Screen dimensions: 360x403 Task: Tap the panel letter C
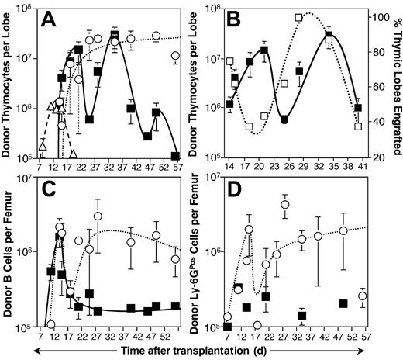click(54, 192)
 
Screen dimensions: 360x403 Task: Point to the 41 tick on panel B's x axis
click(358, 166)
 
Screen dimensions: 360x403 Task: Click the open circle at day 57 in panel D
click(363, 296)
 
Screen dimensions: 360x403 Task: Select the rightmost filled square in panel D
click(343, 303)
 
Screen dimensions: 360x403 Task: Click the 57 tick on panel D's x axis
click(363, 338)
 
